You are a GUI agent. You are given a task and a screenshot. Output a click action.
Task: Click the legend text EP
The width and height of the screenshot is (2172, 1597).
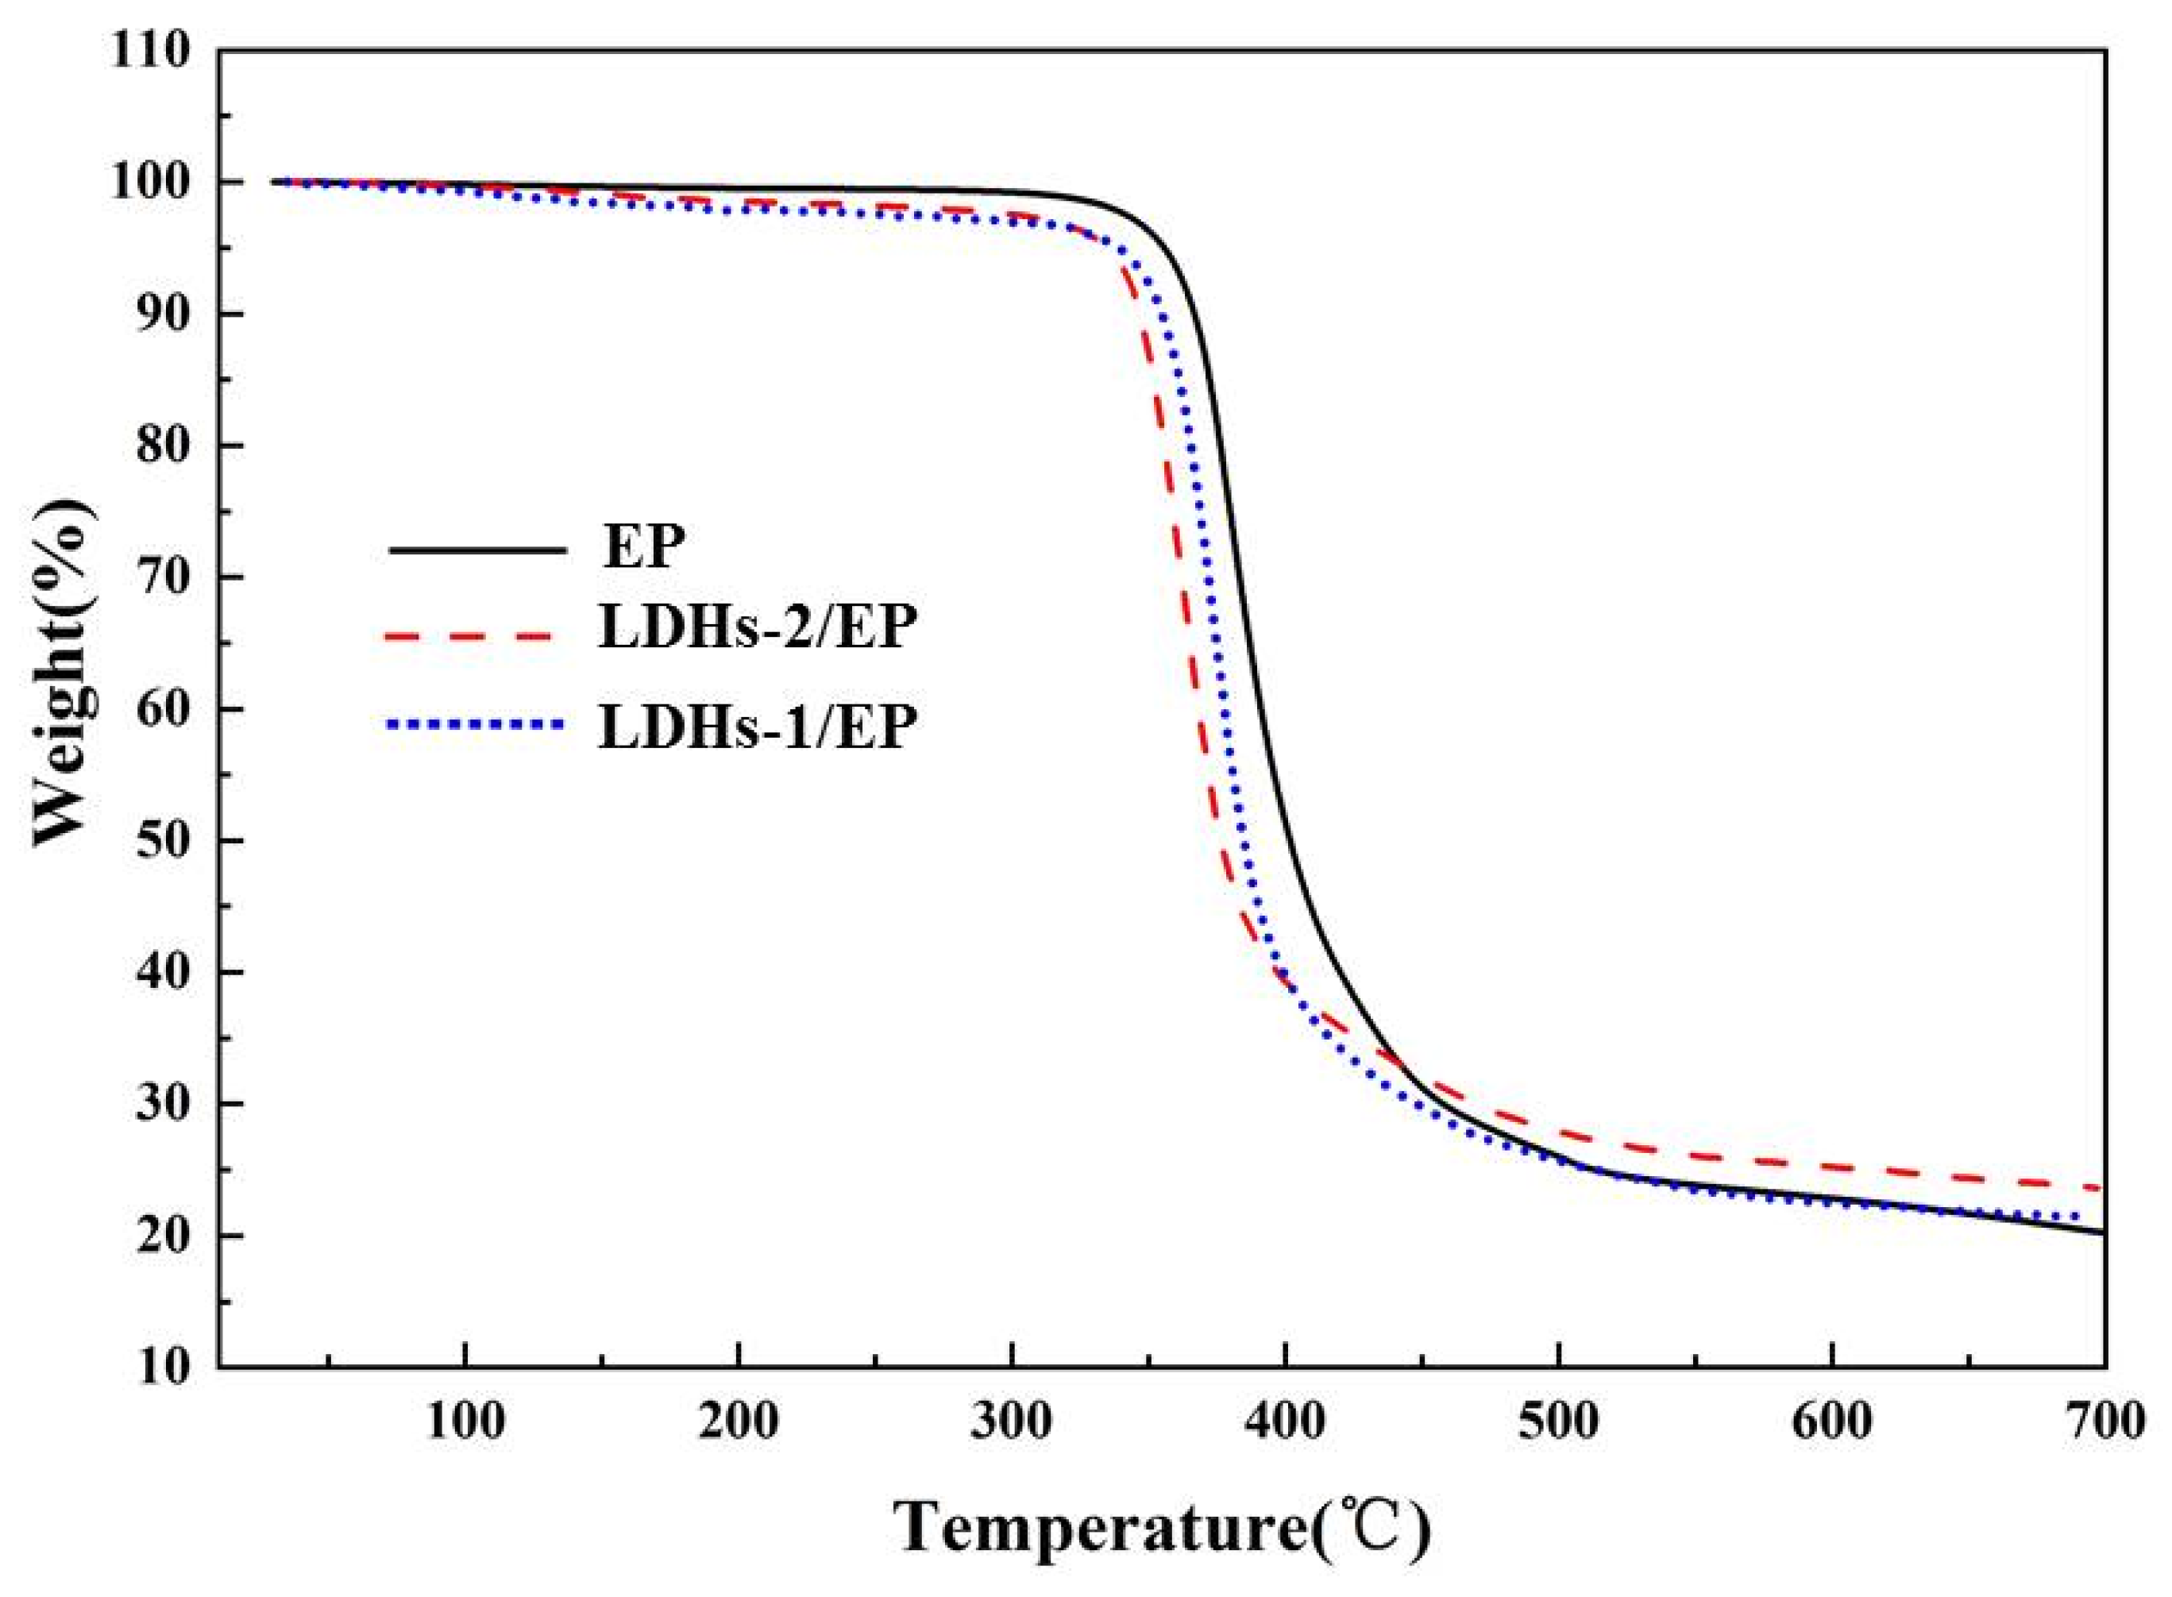(645, 549)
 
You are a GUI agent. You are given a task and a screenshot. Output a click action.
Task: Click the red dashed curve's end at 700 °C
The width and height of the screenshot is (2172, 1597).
(2101, 1188)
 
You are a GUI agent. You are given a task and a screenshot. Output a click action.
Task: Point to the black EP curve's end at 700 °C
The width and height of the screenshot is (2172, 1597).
(2101, 1232)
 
